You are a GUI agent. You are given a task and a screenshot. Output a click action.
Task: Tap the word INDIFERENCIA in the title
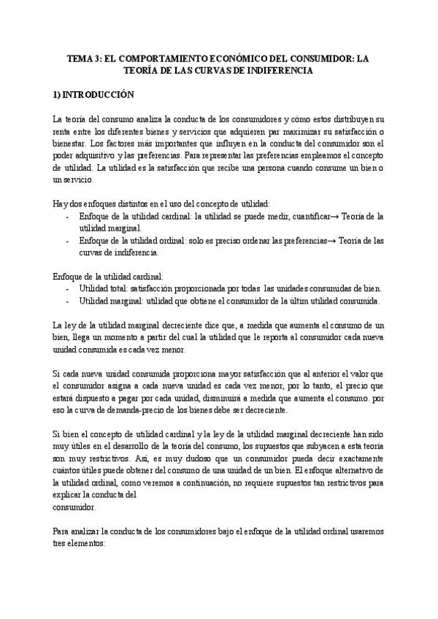280,71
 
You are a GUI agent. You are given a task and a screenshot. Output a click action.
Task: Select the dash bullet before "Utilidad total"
68,289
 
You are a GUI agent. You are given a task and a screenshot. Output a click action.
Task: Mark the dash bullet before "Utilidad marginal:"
68,301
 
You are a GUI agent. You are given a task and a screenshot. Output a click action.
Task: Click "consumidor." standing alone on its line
74,507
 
